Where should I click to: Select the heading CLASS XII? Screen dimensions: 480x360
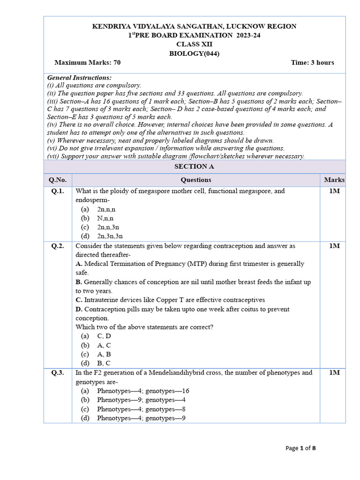tap(194, 45)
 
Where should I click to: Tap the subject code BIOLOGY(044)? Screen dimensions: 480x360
tap(194, 53)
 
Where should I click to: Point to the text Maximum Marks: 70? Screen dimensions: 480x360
tap(88, 62)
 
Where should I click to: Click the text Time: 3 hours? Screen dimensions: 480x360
tap(312, 62)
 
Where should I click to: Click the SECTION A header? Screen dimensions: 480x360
tap(194, 166)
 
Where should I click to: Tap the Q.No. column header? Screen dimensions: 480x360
tap(58, 180)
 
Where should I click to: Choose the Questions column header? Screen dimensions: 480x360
tap(196, 180)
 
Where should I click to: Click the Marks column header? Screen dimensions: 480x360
tap(334, 180)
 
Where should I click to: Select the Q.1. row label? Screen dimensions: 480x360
tap(58, 191)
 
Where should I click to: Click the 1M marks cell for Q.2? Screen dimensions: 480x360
tap(334, 246)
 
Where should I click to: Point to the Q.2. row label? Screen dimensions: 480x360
tap(58, 246)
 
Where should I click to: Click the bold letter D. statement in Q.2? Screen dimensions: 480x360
tap(79, 309)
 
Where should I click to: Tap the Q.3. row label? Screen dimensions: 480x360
tap(58, 373)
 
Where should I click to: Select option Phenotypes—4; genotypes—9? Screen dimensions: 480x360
tap(141, 418)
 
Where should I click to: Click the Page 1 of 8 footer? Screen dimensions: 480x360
tap(300, 448)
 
